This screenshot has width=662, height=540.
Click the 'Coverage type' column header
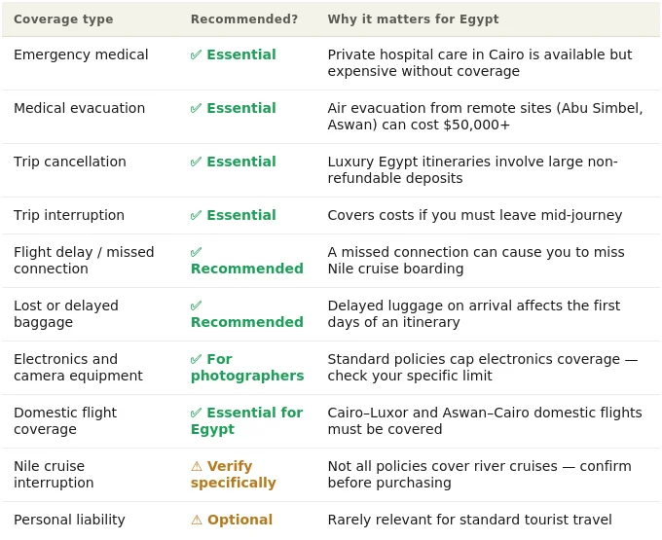tap(63, 19)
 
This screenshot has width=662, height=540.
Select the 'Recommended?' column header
tap(244, 19)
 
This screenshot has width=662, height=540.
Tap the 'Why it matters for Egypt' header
tap(413, 19)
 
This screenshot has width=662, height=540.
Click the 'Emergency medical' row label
tap(81, 54)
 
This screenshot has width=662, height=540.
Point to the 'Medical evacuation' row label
tap(80, 108)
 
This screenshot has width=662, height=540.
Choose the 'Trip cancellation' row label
tap(70, 162)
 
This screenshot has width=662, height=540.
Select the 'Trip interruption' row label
tap(69, 215)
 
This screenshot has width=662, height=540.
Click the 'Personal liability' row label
tap(69, 520)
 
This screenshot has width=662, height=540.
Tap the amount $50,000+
tap(477, 125)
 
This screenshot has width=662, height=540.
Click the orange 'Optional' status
tap(239, 520)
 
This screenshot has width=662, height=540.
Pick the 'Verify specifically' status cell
tap(233, 474)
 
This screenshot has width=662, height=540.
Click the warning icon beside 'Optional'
tap(197, 520)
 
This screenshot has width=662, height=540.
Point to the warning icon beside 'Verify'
tap(197, 466)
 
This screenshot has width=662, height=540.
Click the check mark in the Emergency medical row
tap(196, 54)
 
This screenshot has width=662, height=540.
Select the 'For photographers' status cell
tap(247, 368)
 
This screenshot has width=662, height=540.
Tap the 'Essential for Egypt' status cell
tap(246, 421)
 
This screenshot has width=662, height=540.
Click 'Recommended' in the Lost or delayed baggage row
tap(247, 322)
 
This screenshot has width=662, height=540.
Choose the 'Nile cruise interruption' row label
tap(54, 474)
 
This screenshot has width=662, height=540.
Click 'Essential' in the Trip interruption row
tap(241, 215)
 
